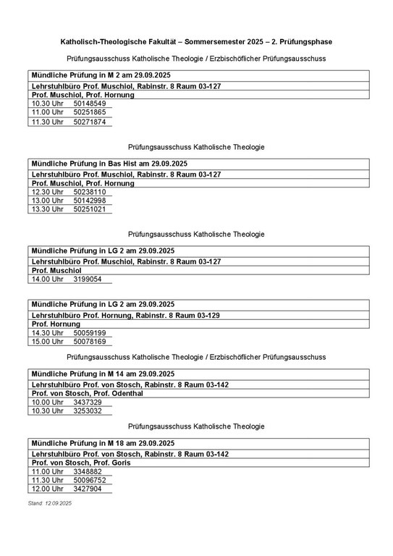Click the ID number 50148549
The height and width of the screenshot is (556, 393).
[x=89, y=104]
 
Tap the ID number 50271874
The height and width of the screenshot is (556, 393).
[x=89, y=122]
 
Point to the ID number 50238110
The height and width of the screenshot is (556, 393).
[x=89, y=192]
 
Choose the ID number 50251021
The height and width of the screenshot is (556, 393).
[x=89, y=209]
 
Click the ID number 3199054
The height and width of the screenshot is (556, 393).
[x=87, y=279]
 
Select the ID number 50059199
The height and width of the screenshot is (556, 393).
[x=89, y=332]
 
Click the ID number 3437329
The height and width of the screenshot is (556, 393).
[x=87, y=402]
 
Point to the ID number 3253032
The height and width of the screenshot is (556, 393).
[x=87, y=410]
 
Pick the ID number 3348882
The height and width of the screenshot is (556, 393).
[x=87, y=471]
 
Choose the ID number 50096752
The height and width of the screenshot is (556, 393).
[x=89, y=480]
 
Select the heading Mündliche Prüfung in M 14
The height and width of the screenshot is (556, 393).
[x=102, y=374]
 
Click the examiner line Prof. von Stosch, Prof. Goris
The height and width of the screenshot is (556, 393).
[x=81, y=463]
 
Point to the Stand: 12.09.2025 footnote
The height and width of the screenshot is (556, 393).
[x=50, y=502]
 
